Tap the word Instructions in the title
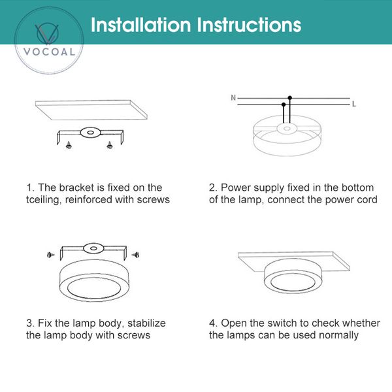249,25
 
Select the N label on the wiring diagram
233,98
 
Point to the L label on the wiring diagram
353,104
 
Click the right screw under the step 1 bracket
110,142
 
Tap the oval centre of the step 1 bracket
88,132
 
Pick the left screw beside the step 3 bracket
50,253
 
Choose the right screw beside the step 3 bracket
135,253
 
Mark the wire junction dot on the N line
289,98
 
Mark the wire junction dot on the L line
283,104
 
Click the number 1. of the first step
30,188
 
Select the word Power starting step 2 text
236,188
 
